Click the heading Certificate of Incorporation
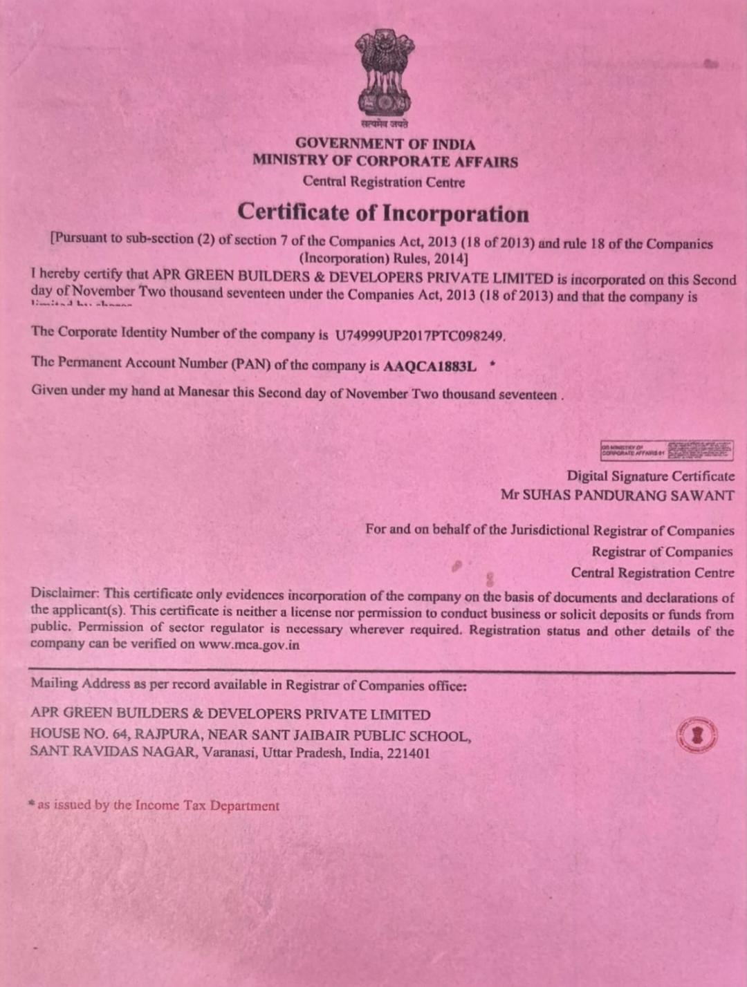383,213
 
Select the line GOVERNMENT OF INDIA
385,144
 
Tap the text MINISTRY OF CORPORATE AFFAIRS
385,162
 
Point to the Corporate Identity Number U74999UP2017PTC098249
420,336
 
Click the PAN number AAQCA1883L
430,366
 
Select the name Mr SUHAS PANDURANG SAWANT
618,496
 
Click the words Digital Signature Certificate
650,476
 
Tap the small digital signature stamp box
666,451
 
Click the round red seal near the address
697,735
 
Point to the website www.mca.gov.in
249,645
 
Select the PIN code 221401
408,753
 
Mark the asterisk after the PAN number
492,363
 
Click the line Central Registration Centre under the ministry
383,182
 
